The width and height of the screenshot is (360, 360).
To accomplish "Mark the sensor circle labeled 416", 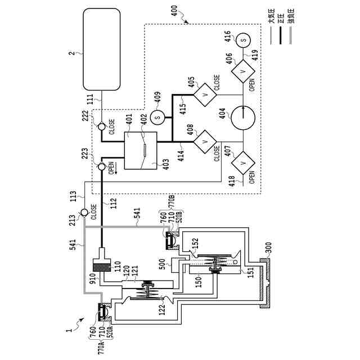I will point(243,40).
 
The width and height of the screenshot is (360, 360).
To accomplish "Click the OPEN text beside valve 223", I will point(111,170).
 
